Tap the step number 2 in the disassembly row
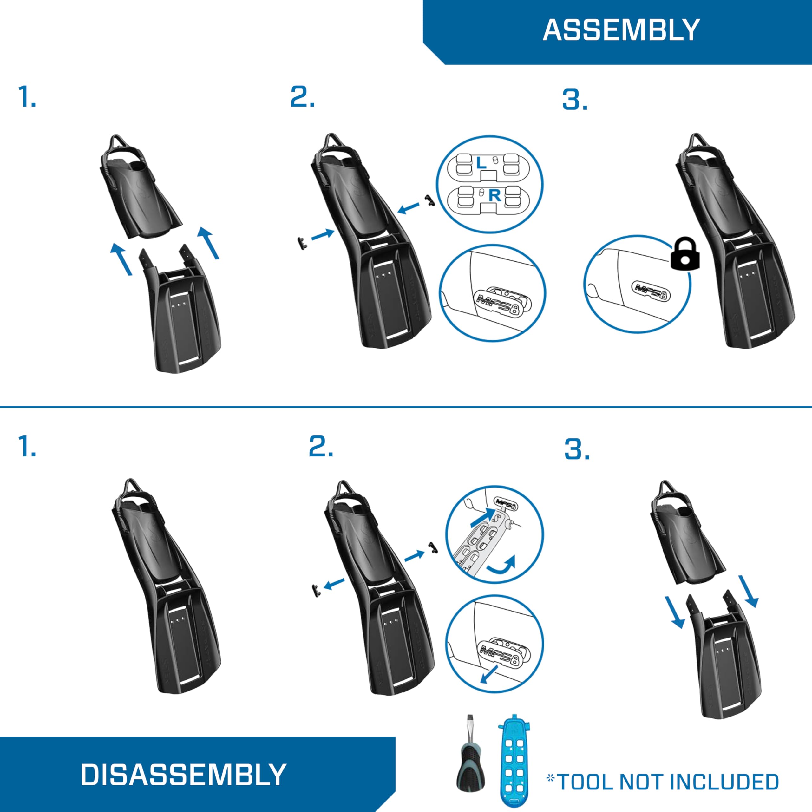(x=320, y=447)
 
